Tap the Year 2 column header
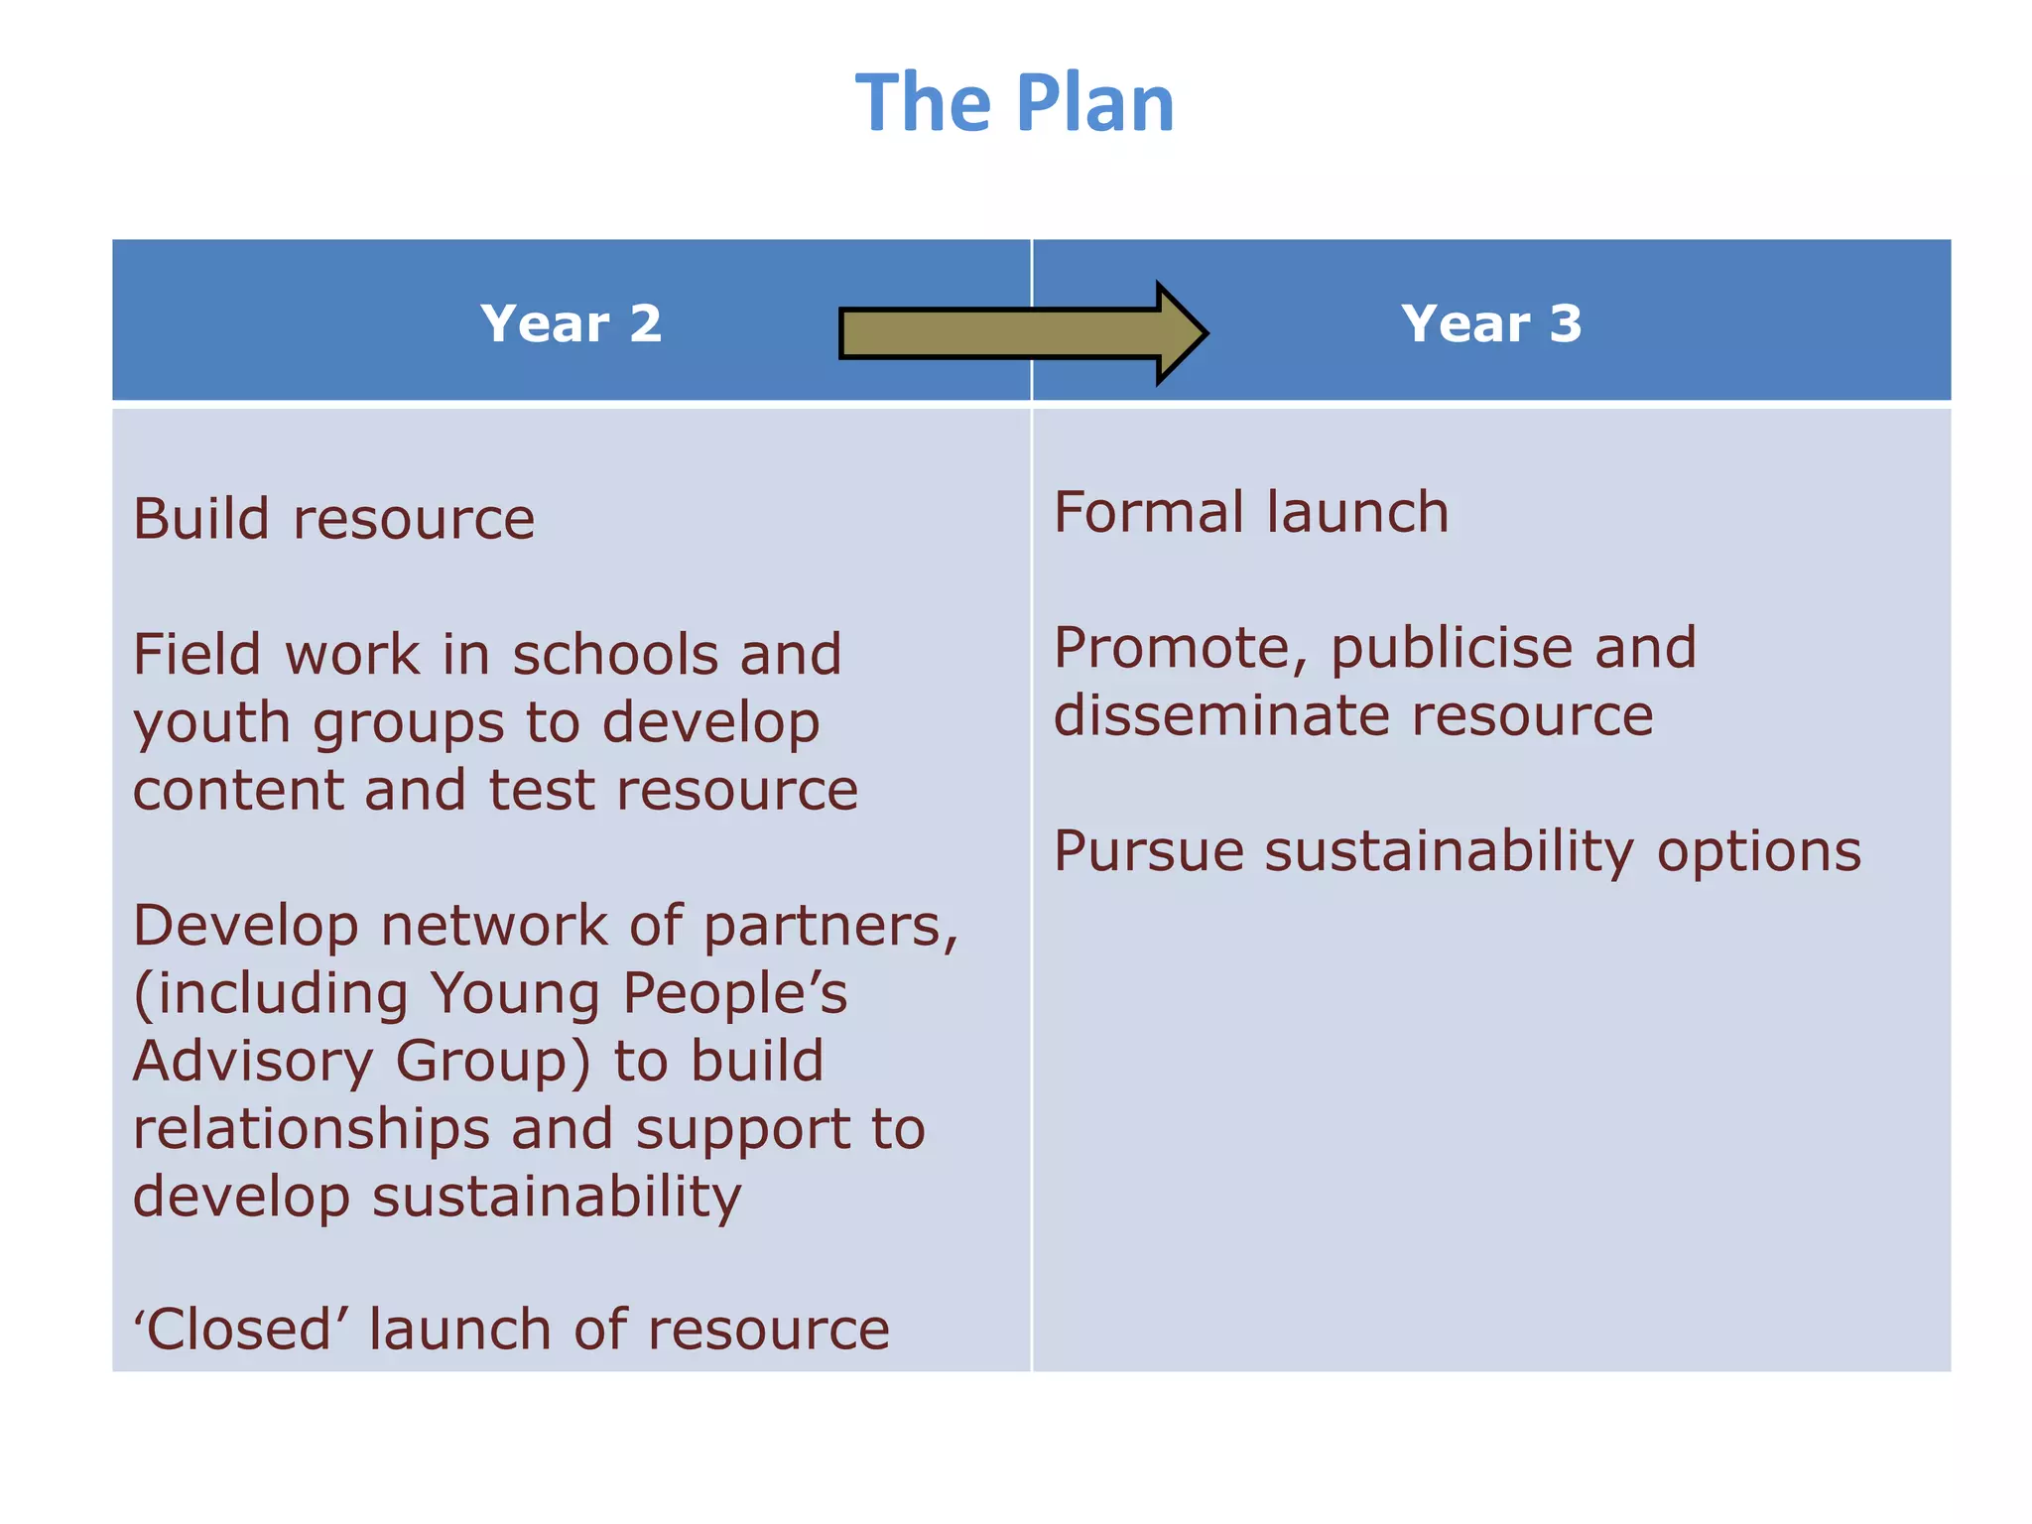[x=571, y=323]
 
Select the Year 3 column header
[x=1491, y=323]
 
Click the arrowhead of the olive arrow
[x=1181, y=333]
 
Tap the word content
[x=237, y=791]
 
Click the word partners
[x=829, y=928]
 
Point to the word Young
[x=514, y=995]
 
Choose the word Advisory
[x=252, y=1062]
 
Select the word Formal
[x=1148, y=512]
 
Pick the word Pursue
[x=1148, y=851]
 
